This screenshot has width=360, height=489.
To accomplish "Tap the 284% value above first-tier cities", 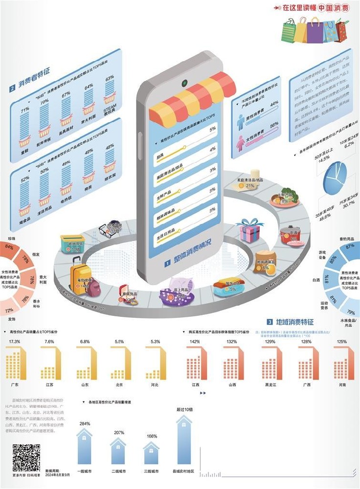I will (x=85, y=423).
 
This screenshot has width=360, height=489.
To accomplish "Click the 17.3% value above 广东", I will (x=15, y=341).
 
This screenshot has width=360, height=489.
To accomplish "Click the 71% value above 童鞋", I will (x=23, y=111).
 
